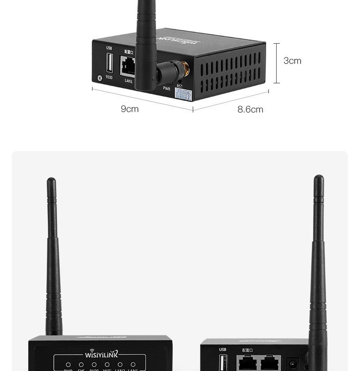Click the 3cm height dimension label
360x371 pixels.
[292, 61]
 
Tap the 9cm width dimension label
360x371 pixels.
[129, 109]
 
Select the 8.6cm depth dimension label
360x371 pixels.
[250, 110]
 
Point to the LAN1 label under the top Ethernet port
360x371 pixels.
[129, 81]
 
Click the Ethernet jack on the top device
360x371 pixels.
[128, 66]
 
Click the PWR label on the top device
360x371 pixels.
[166, 89]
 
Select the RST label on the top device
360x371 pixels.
[180, 86]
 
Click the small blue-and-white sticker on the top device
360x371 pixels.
[184, 95]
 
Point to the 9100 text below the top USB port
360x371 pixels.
[109, 77]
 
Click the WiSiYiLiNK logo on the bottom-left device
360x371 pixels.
[101, 354]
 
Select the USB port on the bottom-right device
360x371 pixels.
[222, 363]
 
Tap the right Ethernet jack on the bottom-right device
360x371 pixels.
[270, 363]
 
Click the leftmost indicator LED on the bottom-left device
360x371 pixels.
[68, 365]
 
